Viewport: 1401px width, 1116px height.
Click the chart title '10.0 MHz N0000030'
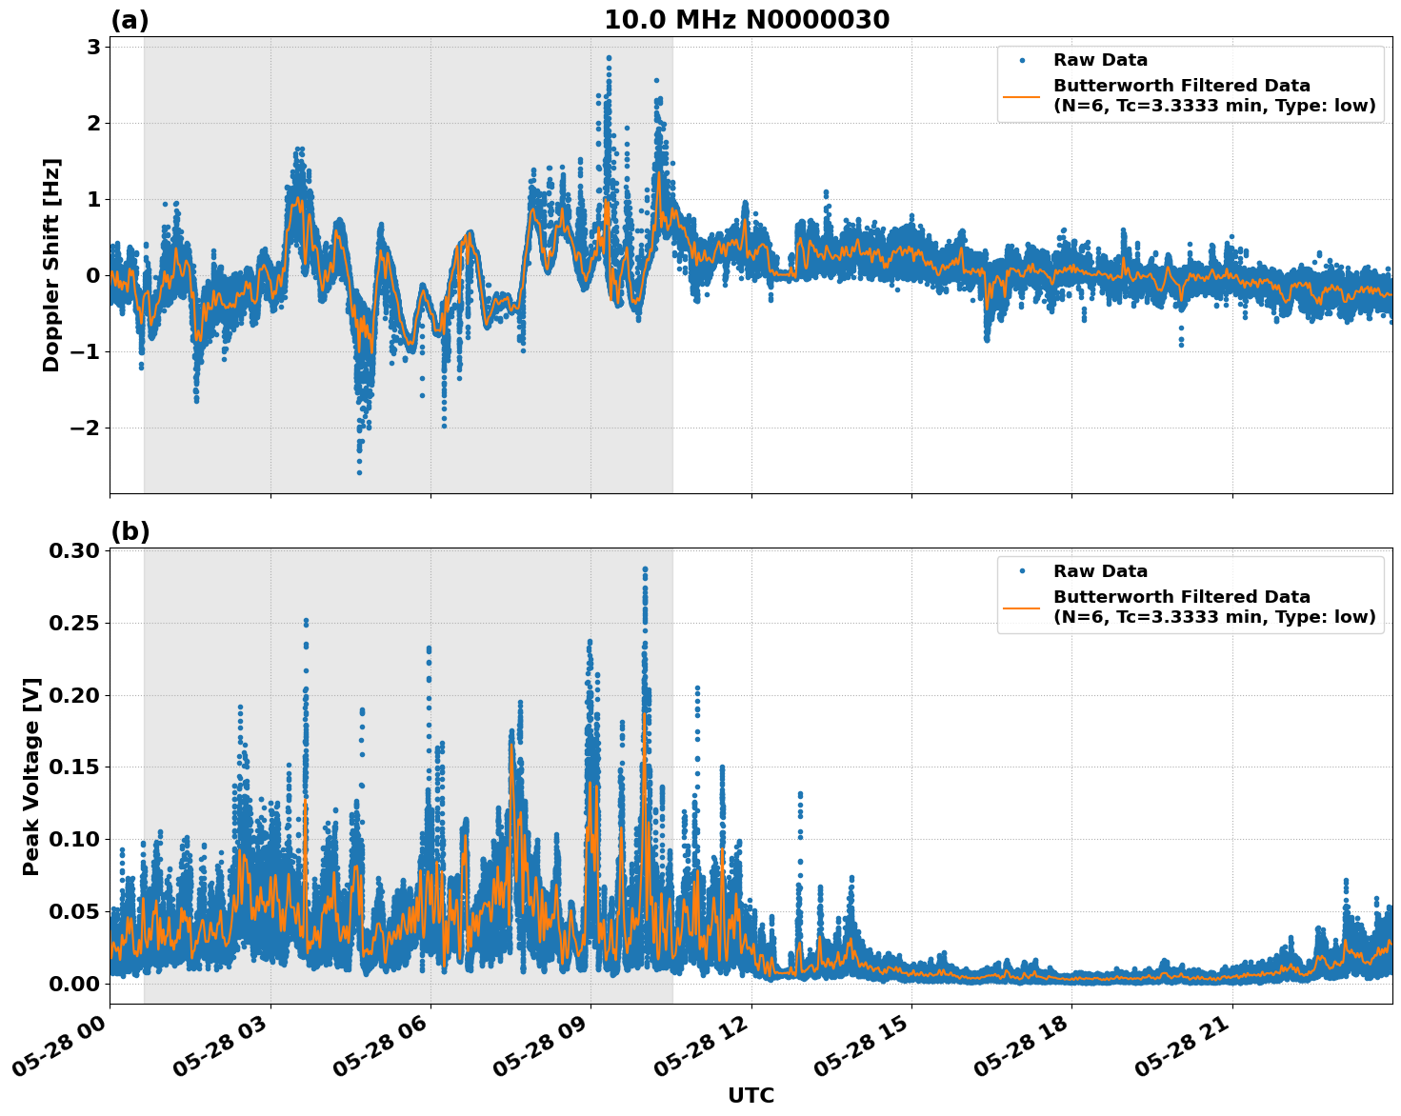click(x=747, y=20)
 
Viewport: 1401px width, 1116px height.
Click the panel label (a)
click(x=130, y=20)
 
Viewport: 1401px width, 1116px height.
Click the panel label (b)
click(x=130, y=531)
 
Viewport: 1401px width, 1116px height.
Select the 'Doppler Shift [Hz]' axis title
click(x=51, y=265)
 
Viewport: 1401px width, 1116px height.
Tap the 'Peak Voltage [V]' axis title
click(x=31, y=776)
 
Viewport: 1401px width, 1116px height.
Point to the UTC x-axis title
click(x=751, y=1095)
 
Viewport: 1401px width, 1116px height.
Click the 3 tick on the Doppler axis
click(x=93, y=48)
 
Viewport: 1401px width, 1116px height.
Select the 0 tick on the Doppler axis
click(x=93, y=276)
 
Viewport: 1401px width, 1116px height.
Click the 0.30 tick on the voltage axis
click(x=74, y=551)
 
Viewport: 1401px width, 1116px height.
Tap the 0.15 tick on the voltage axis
click(x=74, y=767)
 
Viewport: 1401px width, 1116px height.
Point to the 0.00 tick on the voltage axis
click(x=74, y=984)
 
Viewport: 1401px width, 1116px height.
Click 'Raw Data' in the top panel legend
click(x=1100, y=61)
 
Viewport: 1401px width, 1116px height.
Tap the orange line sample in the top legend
click(x=1022, y=96)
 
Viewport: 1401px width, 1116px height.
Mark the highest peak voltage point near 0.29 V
click(x=645, y=569)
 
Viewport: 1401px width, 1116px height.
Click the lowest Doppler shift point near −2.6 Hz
click(x=359, y=472)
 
